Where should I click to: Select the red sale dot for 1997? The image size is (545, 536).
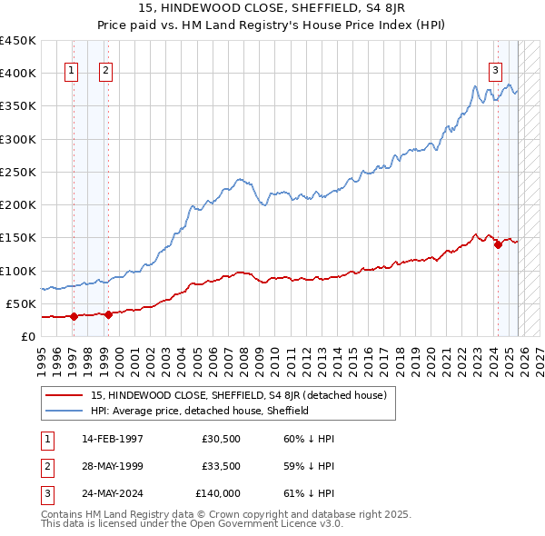pyautogui.click(x=74, y=317)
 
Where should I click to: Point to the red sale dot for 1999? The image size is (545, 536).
pyautogui.click(x=108, y=314)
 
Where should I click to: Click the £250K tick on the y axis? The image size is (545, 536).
pyautogui.click(x=18, y=172)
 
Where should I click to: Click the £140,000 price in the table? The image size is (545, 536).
pyautogui.click(x=218, y=493)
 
